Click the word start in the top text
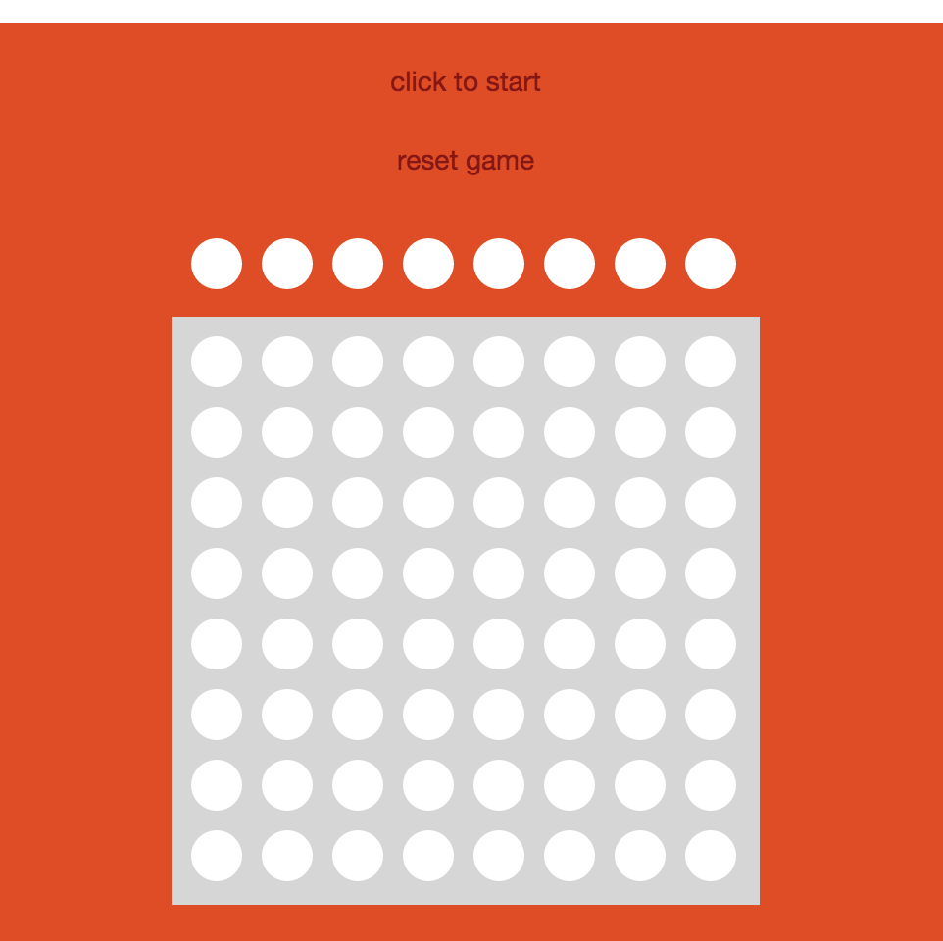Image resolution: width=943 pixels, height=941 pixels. pyautogui.click(x=513, y=82)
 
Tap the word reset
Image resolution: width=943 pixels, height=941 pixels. pyautogui.click(x=428, y=161)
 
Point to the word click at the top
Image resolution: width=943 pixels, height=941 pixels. pyautogui.click(x=418, y=81)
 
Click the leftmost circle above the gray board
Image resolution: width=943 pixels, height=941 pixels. pyautogui.click(x=217, y=264)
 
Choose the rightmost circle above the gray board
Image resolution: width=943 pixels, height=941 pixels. pyautogui.click(x=711, y=264)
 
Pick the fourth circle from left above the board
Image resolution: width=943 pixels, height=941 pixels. pyautogui.click(x=428, y=264)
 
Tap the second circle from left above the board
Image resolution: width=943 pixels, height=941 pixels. pyautogui.click(x=287, y=264)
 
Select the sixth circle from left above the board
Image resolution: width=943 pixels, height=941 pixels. pyautogui.click(x=569, y=264)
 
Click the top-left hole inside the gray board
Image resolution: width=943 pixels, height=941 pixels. pyautogui.click(x=217, y=362)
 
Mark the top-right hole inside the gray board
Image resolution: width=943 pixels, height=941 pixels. pyautogui.click(x=711, y=362)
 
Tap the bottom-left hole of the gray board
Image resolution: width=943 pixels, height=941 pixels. pyautogui.click(x=217, y=855)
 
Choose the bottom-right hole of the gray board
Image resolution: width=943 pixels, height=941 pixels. pyautogui.click(x=711, y=855)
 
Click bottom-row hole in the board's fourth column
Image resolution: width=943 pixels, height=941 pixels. pyautogui.click(x=428, y=855)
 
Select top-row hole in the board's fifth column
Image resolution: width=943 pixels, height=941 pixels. pyautogui.click(x=499, y=362)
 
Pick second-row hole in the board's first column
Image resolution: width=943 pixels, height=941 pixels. pyautogui.click(x=217, y=431)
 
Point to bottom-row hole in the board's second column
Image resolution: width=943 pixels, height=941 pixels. pyautogui.click(x=287, y=855)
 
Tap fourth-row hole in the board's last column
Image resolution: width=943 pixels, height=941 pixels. pyautogui.click(x=711, y=573)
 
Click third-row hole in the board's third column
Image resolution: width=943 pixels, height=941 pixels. pyautogui.click(x=357, y=503)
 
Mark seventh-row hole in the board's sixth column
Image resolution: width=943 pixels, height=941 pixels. pyautogui.click(x=569, y=785)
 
